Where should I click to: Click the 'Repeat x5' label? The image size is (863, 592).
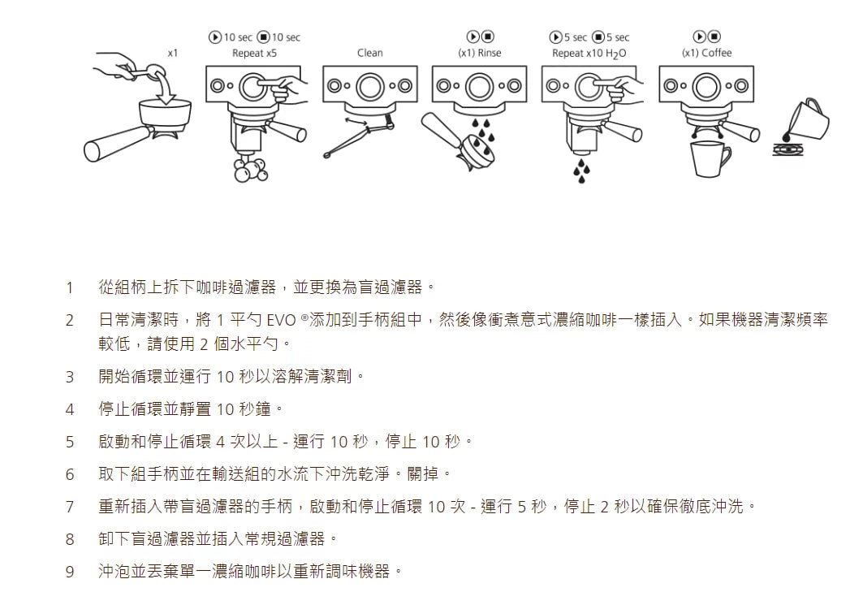tap(254, 54)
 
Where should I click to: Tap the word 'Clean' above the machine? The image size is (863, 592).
tap(369, 54)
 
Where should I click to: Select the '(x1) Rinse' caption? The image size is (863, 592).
tap(479, 54)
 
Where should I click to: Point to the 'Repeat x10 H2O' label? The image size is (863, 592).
tap(589, 54)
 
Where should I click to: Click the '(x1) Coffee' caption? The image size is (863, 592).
tap(706, 54)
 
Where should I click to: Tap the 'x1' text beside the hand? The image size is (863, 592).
tap(172, 53)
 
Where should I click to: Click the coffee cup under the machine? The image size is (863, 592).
tap(708, 157)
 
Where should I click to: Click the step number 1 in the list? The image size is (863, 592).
tap(70, 287)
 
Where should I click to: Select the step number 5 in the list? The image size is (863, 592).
tap(70, 442)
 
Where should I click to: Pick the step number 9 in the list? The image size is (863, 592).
tap(70, 572)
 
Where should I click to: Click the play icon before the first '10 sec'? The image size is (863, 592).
tap(214, 37)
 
